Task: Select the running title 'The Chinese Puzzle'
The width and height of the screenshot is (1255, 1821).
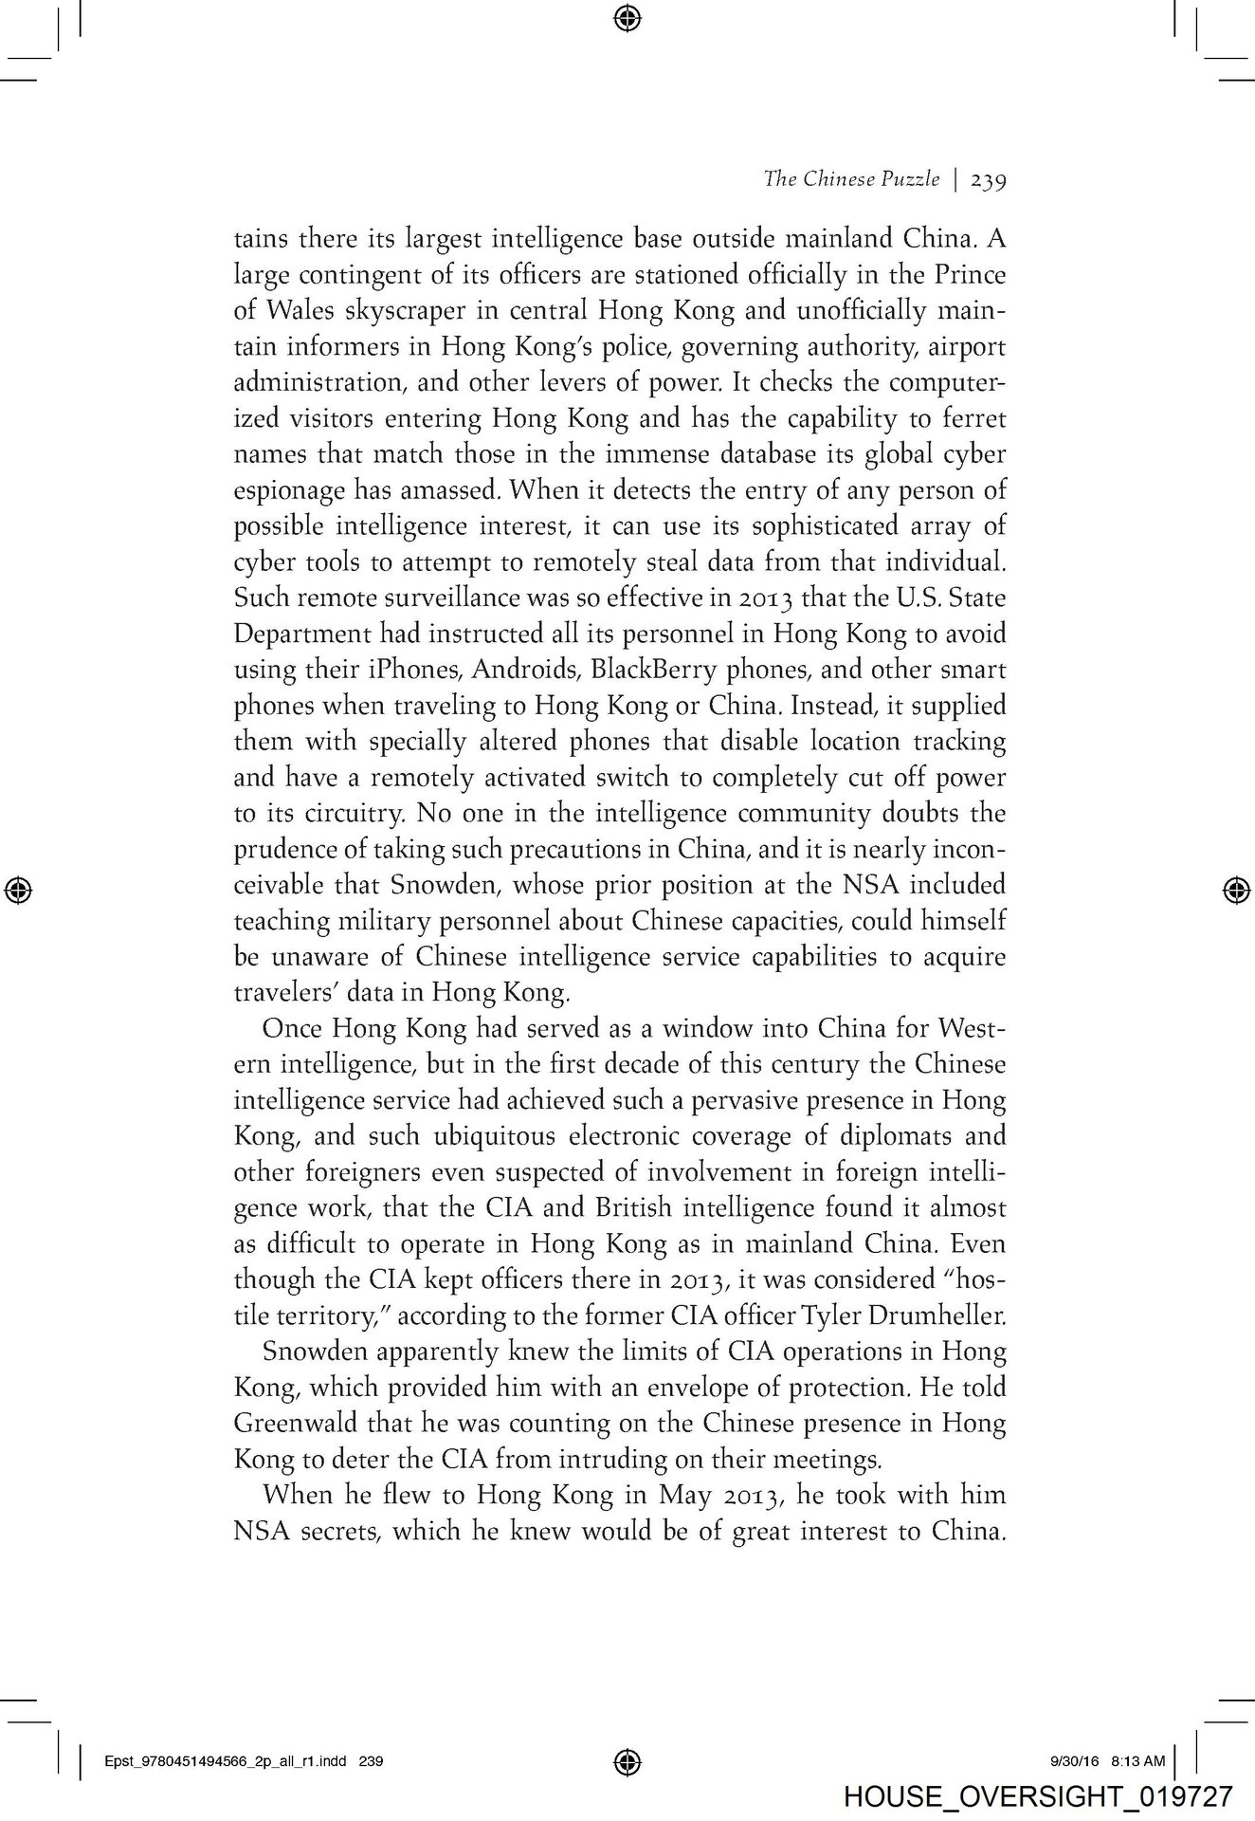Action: pyautogui.click(x=851, y=179)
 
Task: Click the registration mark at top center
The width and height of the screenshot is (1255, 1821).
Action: pyautogui.click(x=627, y=17)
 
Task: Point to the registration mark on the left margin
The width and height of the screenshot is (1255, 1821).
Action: pyautogui.click(x=20, y=889)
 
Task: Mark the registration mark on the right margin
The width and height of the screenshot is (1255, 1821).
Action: pyautogui.click(x=1234, y=889)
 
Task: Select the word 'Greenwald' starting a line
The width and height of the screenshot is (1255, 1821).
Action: pyautogui.click(x=288, y=1424)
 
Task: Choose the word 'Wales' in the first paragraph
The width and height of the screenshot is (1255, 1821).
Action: pyautogui.click(x=303, y=310)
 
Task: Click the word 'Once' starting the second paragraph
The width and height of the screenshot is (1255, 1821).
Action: pyautogui.click(x=291, y=1028)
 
